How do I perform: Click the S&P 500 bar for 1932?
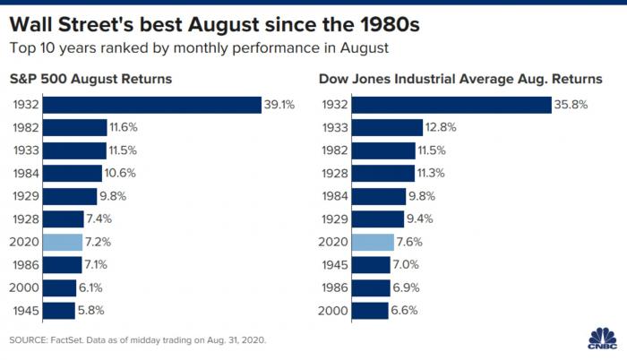pyautogui.click(x=152, y=105)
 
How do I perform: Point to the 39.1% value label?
pyautogui.click(x=279, y=105)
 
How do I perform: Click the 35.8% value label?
pyautogui.click(x=570, y=105)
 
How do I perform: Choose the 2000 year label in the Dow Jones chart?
pyautogui.click(x=332, y=311)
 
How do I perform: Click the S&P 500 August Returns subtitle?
pyautogui.click(x=92, y=80)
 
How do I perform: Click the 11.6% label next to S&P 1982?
pyautogui.click(x=125, y=128)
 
